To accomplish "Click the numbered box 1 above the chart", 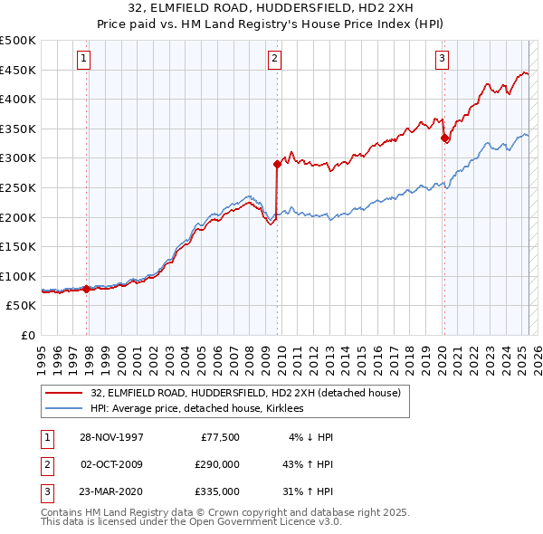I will click(x=82, y=60).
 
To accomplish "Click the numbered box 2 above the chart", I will click(x=274, y=60).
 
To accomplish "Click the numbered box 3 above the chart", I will click(x=442, y=60).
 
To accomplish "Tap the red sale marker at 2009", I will click(x=277, y=164).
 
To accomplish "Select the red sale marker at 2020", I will click(x=444, y=138).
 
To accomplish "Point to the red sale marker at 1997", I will click(x=87, y=290).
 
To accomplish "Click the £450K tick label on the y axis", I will click(x=18, y=70).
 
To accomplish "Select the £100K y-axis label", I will click(x=18, y=276).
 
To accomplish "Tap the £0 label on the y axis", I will click(x=27, y=335).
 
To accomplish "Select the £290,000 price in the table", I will click(x=218, y=464).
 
